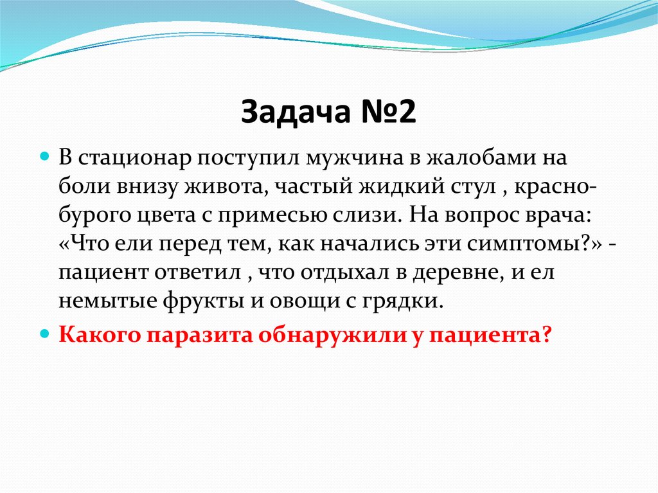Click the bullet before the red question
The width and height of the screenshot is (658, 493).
[45, 334]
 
